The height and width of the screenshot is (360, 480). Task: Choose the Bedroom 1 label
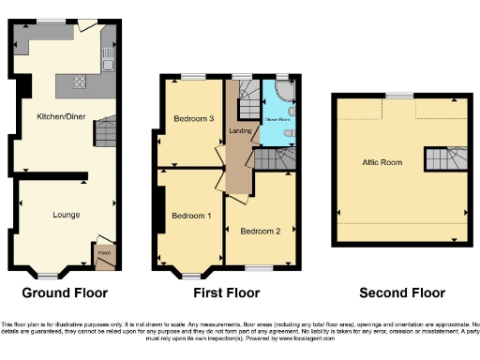(x=189, y=217)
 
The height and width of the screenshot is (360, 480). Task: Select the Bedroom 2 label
(x=260, y=231)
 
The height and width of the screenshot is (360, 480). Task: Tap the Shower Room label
(x=277, y=120)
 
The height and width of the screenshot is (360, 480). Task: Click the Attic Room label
(x=382, y=162)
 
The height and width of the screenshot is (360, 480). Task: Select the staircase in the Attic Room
(x=447, y=158)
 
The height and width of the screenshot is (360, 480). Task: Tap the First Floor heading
(x=226, y=292)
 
